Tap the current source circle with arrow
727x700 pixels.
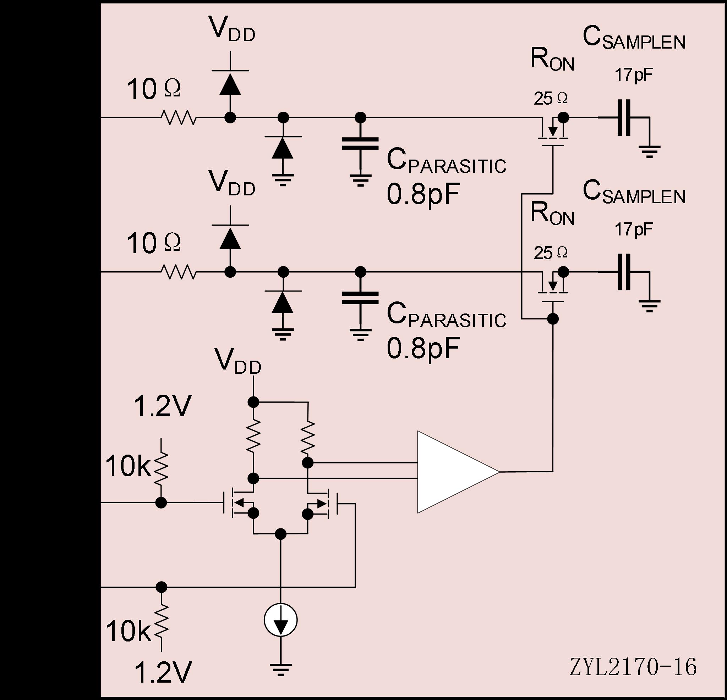pos(280,620)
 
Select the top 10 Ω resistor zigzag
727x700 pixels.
pos(178,117)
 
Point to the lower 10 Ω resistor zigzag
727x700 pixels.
pos(178,272)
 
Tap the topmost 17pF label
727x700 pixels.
pos(634,75)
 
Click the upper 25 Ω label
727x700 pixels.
pos(551,99)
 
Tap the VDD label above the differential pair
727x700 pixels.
pos(238,361)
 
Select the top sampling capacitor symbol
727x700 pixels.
pos(624,117)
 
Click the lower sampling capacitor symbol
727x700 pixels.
pos(624,272)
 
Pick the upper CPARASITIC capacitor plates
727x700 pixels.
pos(360,143)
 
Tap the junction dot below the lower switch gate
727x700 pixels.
pos(553,318)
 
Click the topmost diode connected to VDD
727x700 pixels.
pos(230,83)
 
